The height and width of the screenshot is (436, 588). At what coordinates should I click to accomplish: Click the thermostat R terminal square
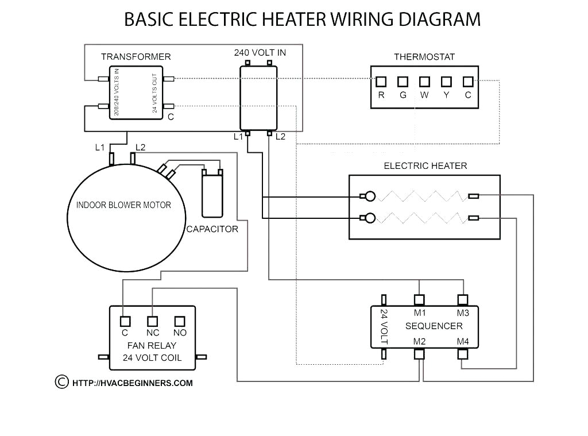(381, 82)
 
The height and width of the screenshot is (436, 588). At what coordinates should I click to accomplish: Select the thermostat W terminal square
(424, 82)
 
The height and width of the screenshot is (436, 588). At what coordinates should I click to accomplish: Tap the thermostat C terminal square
(468, 82)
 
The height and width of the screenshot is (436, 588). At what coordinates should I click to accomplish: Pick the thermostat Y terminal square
(446, 82)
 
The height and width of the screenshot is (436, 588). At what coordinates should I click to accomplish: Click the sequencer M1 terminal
(420, 299)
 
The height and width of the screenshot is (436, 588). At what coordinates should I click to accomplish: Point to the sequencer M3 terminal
(463, 299)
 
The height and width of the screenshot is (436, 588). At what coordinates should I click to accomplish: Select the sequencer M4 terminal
(463, 354)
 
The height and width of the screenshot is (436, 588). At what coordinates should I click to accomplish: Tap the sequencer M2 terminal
(420, 354)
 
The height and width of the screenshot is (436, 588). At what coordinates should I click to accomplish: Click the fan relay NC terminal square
(152, 321)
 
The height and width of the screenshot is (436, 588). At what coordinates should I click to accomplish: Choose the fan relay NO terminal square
(180, 321)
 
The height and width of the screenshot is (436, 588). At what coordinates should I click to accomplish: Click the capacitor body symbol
(212, 195)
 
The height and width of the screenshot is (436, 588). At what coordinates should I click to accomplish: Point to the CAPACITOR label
(212, 229)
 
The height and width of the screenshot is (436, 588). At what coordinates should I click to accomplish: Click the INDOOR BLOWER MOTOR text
(123, 205)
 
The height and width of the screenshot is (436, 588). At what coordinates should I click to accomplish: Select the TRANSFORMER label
(136, 57)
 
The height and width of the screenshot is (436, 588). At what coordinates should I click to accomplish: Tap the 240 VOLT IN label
(260, 53)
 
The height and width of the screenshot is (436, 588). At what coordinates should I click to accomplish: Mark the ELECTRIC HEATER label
(425, 166)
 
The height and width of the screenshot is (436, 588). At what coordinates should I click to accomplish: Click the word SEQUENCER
(434, 326)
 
